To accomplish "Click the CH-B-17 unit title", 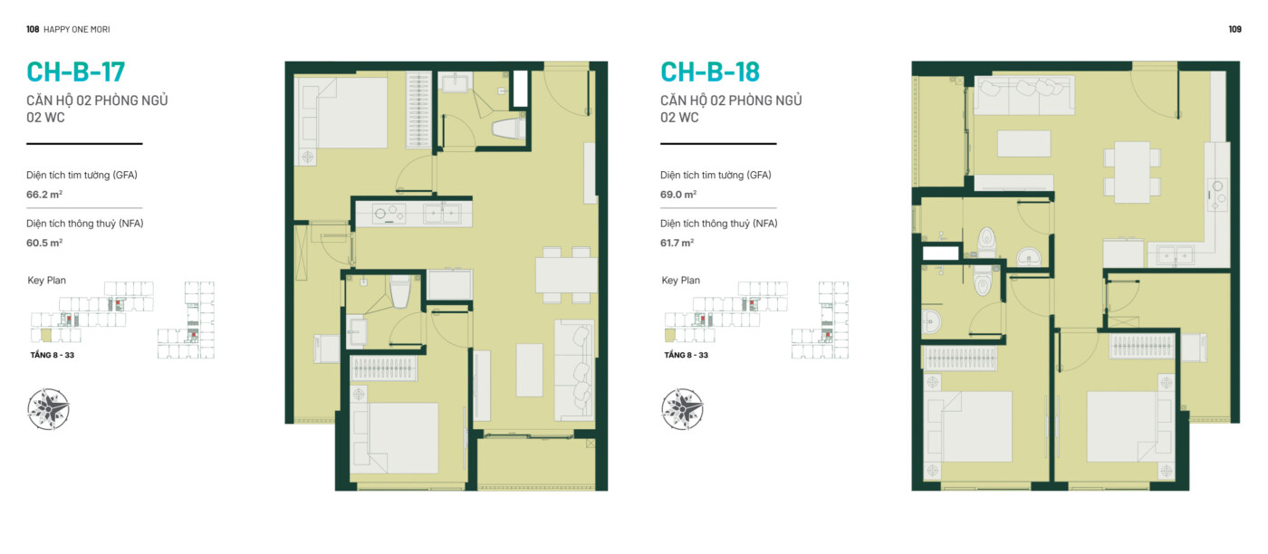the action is point(75,72).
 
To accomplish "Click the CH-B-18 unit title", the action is point(710,72).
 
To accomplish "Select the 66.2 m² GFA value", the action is point(44,195).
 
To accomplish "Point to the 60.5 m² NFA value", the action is point(44,244).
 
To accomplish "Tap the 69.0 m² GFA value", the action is point(678,195).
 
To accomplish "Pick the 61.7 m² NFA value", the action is point(677,244).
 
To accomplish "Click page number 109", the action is point(1234,30).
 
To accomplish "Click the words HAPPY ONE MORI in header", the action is point(76,30).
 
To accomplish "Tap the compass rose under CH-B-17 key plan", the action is point(48,408).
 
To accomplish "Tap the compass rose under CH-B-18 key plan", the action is point(682,408).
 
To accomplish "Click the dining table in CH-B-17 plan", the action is point(566,275).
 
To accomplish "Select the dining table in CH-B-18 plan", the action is point(1132,172).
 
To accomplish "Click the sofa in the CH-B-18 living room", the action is point(1024,96).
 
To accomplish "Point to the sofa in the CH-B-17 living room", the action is point(574,370).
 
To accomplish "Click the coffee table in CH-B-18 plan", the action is point(1023,144).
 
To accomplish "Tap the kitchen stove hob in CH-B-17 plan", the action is point(389,214).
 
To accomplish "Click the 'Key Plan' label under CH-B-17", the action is point(47,281).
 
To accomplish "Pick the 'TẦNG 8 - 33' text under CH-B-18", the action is point(687,356).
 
